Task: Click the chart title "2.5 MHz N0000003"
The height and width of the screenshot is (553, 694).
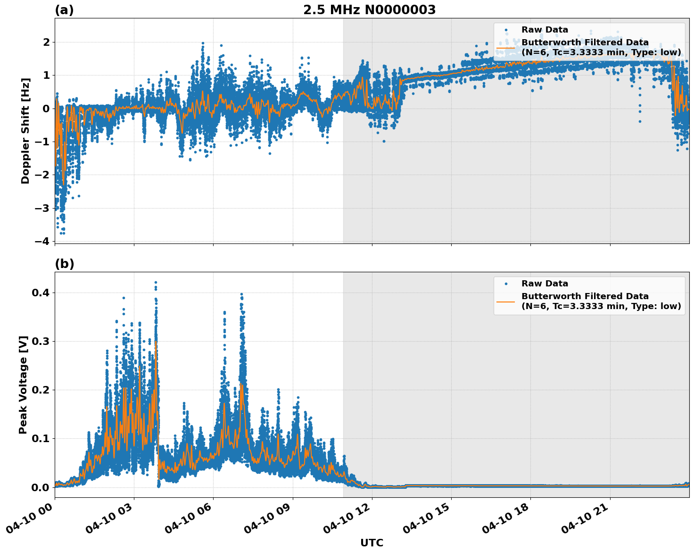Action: pos(369,10)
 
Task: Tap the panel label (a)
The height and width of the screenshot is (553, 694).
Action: pos(64,10)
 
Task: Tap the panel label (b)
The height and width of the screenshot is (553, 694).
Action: pos(64,264)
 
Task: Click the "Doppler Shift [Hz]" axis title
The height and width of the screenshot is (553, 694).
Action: pos(25,131)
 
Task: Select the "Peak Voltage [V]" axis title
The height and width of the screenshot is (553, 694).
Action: pos(23,385)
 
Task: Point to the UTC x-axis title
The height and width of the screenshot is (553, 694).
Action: pos(372,543)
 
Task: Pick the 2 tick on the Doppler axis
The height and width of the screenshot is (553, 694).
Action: pos(47,42)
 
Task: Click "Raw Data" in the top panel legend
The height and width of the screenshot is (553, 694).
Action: pos(545,30)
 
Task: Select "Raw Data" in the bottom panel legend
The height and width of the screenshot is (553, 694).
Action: pos(545,284)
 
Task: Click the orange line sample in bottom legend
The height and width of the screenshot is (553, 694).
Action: pos(506,301)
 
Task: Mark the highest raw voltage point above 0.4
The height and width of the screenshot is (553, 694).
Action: pos(156,282)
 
